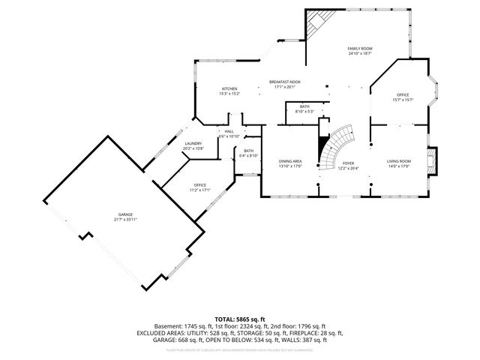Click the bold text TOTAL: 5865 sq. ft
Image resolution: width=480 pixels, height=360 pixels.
pyautogui.click(x=239, y=319)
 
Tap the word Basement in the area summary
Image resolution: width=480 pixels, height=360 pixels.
pyautogui.click(x=167, y=326)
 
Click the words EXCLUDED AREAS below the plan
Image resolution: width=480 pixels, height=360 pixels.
pyautogui.click(x=161, y=332)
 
